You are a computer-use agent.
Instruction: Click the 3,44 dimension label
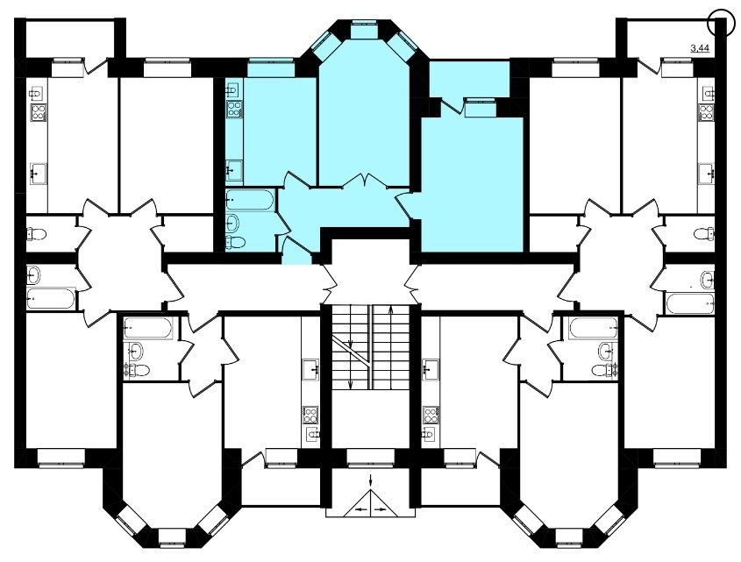700,47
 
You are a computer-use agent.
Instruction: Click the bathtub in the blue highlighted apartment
250,200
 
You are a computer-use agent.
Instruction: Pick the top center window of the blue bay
364,29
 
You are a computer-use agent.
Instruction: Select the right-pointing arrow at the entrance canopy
380,509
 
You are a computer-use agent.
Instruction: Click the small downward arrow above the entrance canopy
370,479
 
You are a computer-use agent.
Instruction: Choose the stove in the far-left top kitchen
39,113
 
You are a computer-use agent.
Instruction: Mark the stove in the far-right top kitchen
707,113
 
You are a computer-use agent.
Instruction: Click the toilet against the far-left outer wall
36,233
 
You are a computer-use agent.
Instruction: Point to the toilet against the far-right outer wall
704,233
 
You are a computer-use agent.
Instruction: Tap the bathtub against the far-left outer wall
51,298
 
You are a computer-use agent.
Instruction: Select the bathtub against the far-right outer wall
690,304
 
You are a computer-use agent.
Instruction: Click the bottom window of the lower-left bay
172,537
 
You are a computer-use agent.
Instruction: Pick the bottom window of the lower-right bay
569,537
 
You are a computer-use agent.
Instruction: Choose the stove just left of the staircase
310,415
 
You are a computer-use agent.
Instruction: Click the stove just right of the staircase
431,415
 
